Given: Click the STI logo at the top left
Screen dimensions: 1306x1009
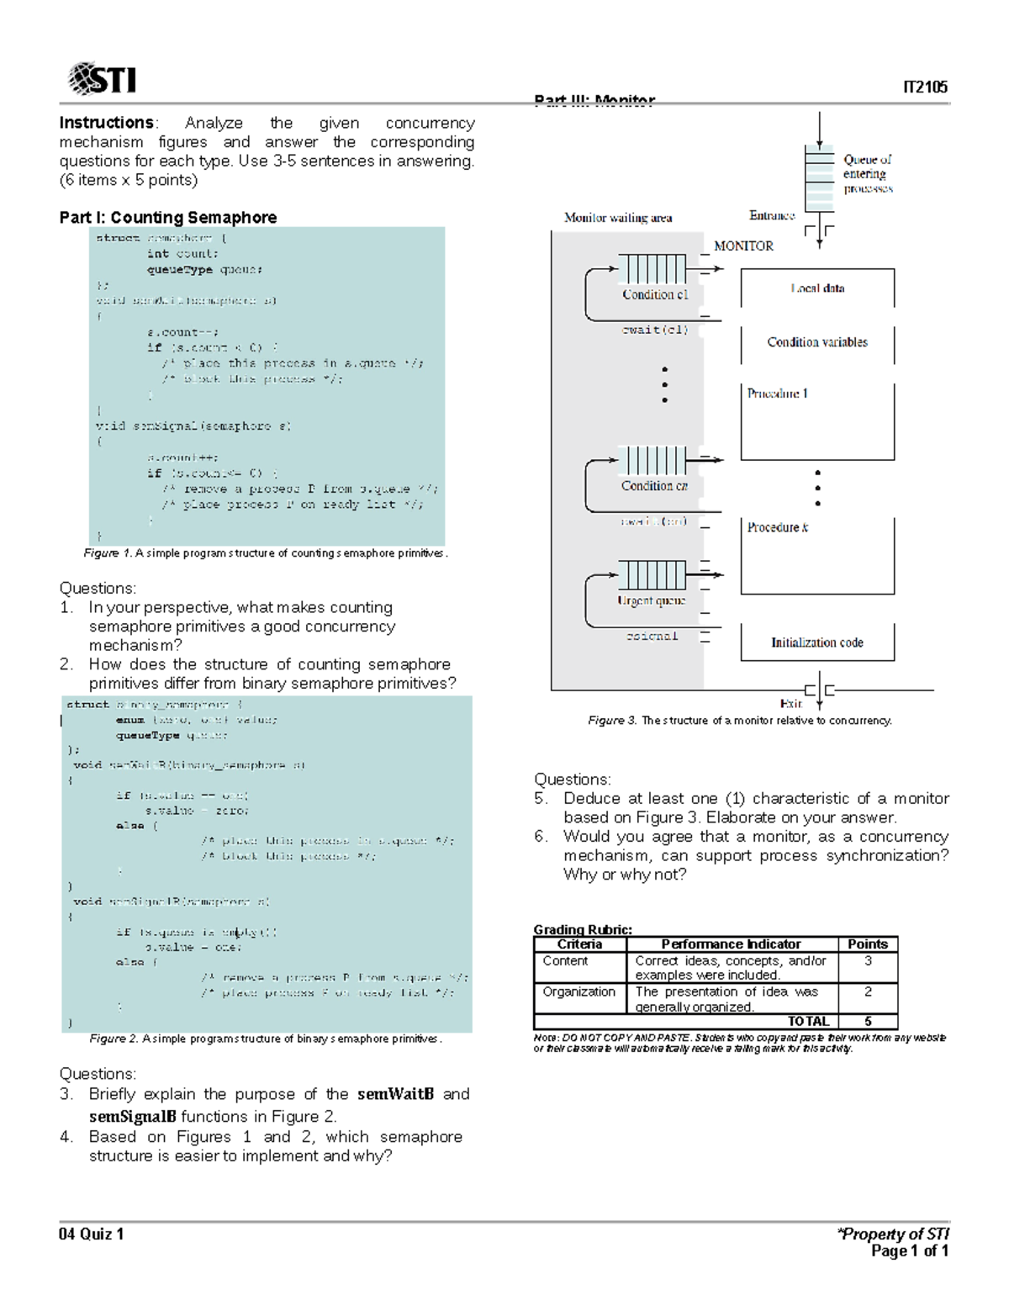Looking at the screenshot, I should pos(102,80).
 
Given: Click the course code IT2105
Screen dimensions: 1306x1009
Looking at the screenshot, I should pos(925,87).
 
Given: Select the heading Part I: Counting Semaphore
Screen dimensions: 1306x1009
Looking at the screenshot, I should pos(168,217).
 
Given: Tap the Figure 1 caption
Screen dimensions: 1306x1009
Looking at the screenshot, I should pos(266,553).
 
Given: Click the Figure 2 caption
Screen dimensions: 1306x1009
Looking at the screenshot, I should pos(266,1039).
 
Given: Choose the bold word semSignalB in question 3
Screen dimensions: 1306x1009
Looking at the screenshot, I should pos(133,1117).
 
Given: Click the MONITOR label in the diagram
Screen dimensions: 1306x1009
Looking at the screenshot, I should pos(743,246).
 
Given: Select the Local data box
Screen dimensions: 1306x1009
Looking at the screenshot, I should pos(817,288).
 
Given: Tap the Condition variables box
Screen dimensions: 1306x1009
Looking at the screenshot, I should pos(817,342).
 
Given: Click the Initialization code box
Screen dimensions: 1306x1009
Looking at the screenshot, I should pos(817,642).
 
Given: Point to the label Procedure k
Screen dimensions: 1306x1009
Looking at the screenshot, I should pos(778,527).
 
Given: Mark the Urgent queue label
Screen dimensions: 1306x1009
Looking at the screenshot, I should pos(652,600).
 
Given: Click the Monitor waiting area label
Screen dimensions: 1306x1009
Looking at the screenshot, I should pos(618,218).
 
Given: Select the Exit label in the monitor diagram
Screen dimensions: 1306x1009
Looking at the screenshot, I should pos(791,703).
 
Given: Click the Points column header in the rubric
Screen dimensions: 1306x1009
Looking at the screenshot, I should pos(868,944).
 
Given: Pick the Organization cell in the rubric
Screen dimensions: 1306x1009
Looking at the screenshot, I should pos(579,991).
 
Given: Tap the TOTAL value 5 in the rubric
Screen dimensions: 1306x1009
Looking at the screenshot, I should pos(868,1021).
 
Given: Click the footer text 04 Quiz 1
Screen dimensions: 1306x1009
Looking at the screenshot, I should pos(92,1234).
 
